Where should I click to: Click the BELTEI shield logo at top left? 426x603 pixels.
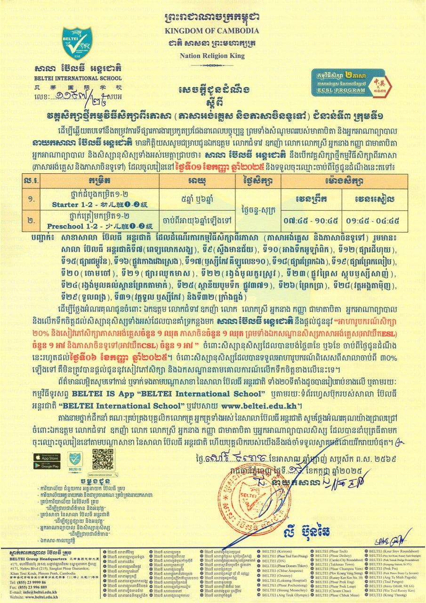tap(76, 43)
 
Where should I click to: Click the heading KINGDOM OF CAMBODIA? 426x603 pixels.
tap(212, 31)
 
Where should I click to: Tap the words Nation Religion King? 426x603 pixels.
tap(212, 56)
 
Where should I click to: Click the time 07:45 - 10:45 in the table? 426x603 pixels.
tap(311, 220)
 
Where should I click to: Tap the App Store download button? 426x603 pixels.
tap(47, 457)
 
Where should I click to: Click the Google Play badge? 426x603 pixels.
tap(47, 465)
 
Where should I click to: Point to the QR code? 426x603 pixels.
tap(103, 459)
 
